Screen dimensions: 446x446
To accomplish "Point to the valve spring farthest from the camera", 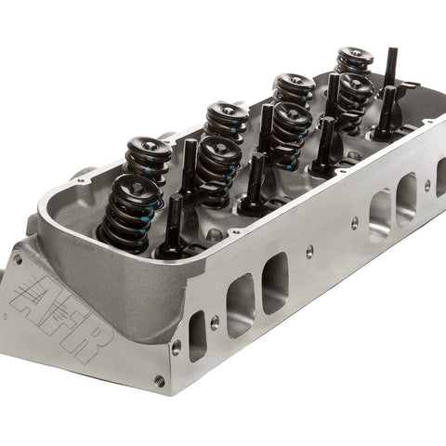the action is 355,60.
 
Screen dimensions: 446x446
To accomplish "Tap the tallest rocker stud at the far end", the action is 392,68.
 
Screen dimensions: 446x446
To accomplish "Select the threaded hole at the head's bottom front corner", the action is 160,380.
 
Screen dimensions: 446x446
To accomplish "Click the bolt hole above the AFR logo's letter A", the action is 18,259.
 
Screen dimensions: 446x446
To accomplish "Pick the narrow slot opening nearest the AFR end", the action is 198,337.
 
